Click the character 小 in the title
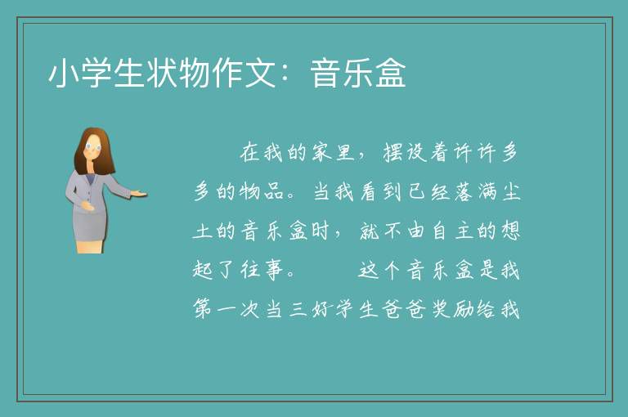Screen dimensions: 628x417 pyautogui.click(x=64, y=73)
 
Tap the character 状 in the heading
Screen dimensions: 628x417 pyautogui.click(x=161, y=73)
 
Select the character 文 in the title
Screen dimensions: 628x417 pyautogui.click(x=259, y=73)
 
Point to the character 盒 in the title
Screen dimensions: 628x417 pyautogui.click(x=391, y=73)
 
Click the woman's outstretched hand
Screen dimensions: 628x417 pyautogui.click(x=138, y=194)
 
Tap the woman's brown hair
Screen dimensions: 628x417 pyautogui.click(x=94, y=150)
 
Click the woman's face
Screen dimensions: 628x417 pyautogui.click(x=93, y=148)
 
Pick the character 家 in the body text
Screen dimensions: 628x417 pyautogui.click(x=321, y=152)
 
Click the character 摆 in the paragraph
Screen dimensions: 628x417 pyautogui.click(x=392, y=152)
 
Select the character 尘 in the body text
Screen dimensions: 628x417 pyautogui.click(x=510, y=191)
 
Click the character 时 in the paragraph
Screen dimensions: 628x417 pyautogui.click(x=321, y=231)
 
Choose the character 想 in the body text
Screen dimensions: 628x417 pyautogui.click(x=510, y=231)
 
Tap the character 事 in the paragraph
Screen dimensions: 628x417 pyautogui.click(x=274, y=270)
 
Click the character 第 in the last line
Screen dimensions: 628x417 pyautogui.click(x=203, y=309)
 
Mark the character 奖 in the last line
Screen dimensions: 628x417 pyautogui.click(x=441, y=309)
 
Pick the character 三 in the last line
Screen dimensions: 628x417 pyautogui.click(x=298, y=309)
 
